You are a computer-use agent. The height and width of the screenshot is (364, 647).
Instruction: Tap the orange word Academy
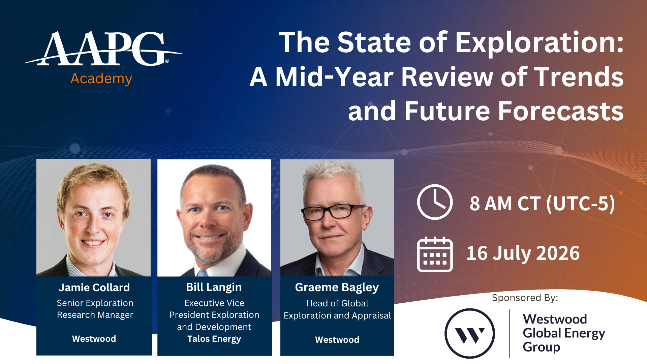tap(101, 79)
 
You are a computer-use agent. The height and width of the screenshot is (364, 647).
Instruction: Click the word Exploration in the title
tap(540, 43)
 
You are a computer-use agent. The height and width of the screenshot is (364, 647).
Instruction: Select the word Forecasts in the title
tap(561, 112)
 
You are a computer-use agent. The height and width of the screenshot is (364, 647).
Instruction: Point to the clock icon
tap(435, 202)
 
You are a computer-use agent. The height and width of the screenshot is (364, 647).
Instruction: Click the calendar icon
tap(435, 254)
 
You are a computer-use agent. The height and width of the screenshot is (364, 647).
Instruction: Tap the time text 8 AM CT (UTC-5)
tap(542, 204)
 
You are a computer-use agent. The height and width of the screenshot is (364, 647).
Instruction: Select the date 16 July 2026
tap(523, 253)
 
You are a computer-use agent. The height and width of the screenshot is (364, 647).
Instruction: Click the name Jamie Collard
tap(94, 287)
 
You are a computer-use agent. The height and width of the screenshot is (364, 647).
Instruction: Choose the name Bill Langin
tap(214, 287)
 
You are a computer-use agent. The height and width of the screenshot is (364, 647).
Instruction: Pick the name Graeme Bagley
tap(337, 287)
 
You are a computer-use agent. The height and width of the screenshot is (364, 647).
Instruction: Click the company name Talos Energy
tap(214, 339)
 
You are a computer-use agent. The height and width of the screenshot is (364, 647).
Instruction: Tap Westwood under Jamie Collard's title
tap(94, 339)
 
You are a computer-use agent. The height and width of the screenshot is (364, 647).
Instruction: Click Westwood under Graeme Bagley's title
tap(337, 340)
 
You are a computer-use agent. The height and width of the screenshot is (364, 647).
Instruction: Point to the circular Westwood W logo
tap(470, 334)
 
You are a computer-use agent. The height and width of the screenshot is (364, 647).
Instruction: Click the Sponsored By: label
tap(525, 298)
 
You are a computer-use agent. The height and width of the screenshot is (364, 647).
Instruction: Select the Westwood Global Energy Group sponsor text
tap(564, 333)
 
